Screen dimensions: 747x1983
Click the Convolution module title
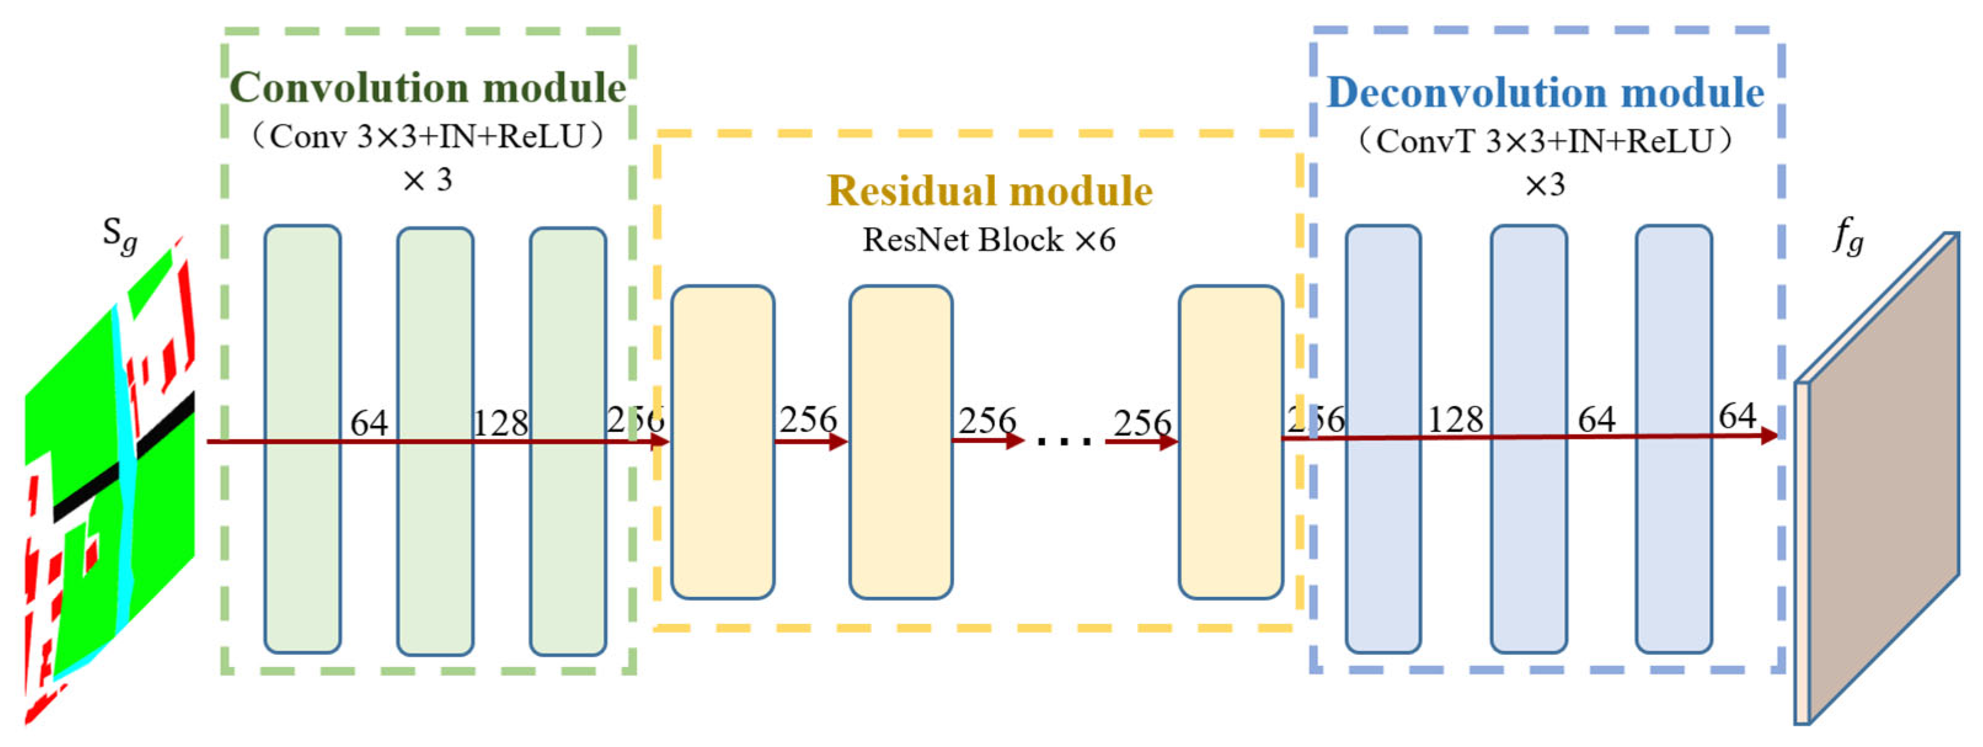pyautogui.click(x=428, y=88)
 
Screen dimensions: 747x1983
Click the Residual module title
pyautogui.click(x=989, y=191)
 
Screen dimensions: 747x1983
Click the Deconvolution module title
pyautogui.click(x=1546, y=93)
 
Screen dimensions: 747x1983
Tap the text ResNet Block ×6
pyautogui.click(x=989, y=240)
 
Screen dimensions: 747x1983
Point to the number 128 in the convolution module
pyautogui.click(x=501, y=423)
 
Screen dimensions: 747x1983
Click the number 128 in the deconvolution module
pyautogui.click(x=1455, y=420)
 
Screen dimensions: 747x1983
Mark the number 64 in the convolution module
pyautogui.click(x=369, y=423)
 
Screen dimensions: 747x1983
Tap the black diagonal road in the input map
pyautogui.click(x=123, y=462)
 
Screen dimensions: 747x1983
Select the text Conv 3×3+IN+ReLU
pyautogui.click(x=427, y=137)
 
